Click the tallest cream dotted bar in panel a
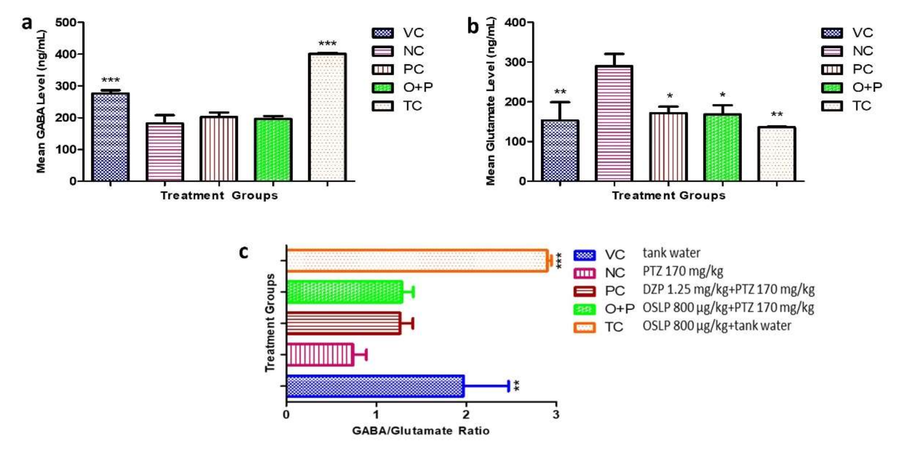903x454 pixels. (x=327, y=117)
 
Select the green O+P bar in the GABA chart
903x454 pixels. (x=273, y=150)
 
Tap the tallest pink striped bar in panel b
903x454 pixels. (x=614, y=123)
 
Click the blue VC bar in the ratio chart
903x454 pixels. (x=375, y=386)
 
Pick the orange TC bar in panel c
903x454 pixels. (x=417, y=261)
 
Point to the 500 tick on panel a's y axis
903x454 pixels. (x=66, y=23)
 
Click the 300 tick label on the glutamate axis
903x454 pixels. (x=515, y=62)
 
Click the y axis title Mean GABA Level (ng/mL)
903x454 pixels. (x=41, y=102)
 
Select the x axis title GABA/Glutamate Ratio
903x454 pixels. (x=421, y=430)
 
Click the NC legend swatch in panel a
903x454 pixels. (x=383, y=51)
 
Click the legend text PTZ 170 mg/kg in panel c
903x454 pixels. (x=683, y=271)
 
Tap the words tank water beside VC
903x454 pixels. (x=671, y=253)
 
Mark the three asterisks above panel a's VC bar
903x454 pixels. (x=110, y=81)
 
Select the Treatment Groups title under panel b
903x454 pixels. (x=668, y=196)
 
